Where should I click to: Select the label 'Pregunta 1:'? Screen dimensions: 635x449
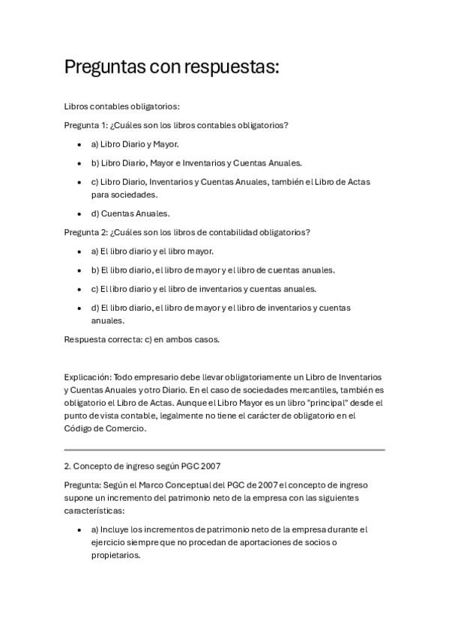(88, 125)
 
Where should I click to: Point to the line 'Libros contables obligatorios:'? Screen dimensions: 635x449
(121, 106)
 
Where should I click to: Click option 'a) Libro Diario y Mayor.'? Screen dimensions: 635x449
(135, 144)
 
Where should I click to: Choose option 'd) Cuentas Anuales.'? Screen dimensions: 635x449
(130, 213)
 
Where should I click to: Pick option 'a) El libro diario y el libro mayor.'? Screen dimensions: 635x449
(152, 251)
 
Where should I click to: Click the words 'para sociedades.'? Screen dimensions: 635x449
(124, 195)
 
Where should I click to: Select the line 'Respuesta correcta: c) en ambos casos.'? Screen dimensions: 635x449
(142, 339)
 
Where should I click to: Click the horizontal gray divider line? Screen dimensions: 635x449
(224, 450)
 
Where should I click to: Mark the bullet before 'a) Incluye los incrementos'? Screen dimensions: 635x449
(80, 529)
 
